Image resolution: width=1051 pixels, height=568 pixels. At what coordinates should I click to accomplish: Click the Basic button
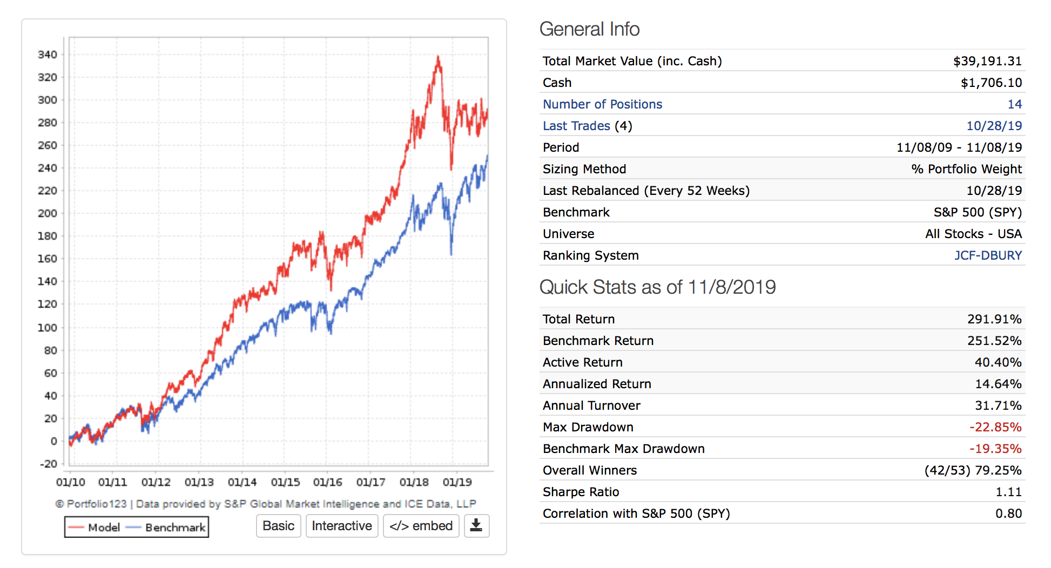pyautogui.click(x=278, y=526)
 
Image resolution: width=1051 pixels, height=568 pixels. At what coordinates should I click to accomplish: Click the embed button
pyautogui.click(x=421, y=526)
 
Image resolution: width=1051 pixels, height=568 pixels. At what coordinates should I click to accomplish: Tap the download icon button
pyautogui.click(x=476, y=526)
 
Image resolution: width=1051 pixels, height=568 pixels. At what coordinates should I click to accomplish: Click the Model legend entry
pyautogui.click(x=96, y=528)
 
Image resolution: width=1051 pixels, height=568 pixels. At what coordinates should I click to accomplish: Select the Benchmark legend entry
pyautogui.click(x=167, y=528)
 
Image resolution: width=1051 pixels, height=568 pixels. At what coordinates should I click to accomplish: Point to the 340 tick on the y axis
pyautogui.click(x=48, y=55)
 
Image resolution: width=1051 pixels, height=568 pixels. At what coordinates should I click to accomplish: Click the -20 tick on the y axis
pyautogui.click(x=48, y=464)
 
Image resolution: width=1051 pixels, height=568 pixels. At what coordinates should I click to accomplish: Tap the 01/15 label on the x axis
pyautogui.click(x=285, y=482)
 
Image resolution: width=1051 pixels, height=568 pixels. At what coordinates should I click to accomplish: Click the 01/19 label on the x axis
pyautogui.click(x=457, y=482)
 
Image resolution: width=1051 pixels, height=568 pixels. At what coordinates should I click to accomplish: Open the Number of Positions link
pyautogui.click(x=602, y=104)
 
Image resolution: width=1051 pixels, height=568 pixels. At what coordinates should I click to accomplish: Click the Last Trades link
pyautogui.click(x=576, y=126)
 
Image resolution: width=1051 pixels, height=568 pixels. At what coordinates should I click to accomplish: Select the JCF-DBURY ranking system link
pyautogui.click(x=988, y=255)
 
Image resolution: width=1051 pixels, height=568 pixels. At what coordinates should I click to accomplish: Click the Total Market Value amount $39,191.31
pyautogui.click(x=987, y=61)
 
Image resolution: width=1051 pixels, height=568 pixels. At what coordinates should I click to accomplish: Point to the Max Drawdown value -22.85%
pyautogui.click(x=995, y=427)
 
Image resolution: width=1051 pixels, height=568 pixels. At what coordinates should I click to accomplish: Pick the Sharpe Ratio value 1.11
pyautogui.click(x=1008, y=492)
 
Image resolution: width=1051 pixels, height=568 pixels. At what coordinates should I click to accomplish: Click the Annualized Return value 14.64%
pyautogui.click(x=998, y=384)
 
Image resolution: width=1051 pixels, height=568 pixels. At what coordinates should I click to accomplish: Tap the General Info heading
pyautogui.click(x=589, y=29)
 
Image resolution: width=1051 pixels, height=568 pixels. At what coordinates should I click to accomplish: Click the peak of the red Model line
pyautogui.click(x=438, y=57)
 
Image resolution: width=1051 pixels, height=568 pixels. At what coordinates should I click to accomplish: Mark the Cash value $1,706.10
pyautogui.click(x=991, y=83)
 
